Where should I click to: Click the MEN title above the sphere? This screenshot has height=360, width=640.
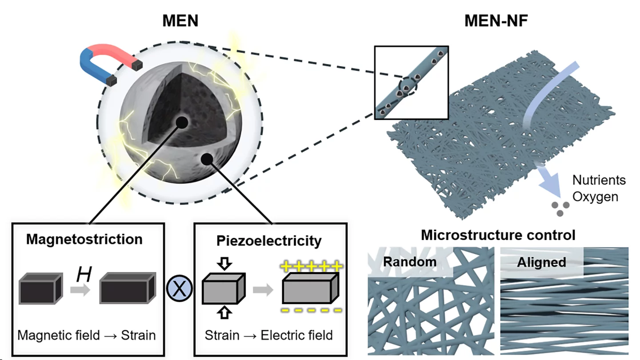pyautogui.click(x=180, y=20)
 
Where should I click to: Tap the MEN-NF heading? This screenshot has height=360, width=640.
pyautogui.click(x=496, y=20)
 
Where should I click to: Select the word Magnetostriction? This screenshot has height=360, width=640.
pyautogui.click(x=84, y=239)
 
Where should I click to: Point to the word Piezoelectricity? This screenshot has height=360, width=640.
pyautogui.click(x=269, y=241)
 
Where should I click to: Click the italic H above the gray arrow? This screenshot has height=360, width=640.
pyautogui.click(x=84, y=275)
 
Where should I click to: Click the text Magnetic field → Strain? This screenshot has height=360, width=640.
pyautogui.click(x=87, y=335)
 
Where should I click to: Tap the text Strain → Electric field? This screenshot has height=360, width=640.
pyautogui.click(x=269, y=335)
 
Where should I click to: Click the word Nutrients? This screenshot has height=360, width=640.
pyautogui.click(x=599, y=180)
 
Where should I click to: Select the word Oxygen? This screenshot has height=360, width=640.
pyautogui.click(x=595, y=196)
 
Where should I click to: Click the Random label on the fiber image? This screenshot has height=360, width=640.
pyautogui.click(x=410, y=261)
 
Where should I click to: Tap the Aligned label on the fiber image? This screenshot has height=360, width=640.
pyautogui.click(x=541, y=262)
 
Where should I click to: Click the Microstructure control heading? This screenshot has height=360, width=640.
pyautogui.click(x=498, y=234)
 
